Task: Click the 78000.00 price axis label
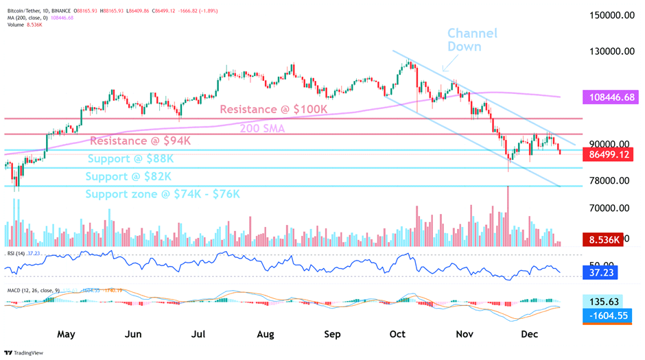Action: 613,180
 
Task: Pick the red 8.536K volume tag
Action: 602,240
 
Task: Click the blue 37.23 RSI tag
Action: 598,274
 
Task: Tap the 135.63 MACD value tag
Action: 604,302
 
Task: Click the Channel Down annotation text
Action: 472,40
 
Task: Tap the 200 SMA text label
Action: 261,128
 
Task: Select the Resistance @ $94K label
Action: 140,141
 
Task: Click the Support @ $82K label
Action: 128,177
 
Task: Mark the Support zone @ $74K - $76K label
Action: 162,194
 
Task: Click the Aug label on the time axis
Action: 265,335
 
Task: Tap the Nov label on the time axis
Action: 465,335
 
